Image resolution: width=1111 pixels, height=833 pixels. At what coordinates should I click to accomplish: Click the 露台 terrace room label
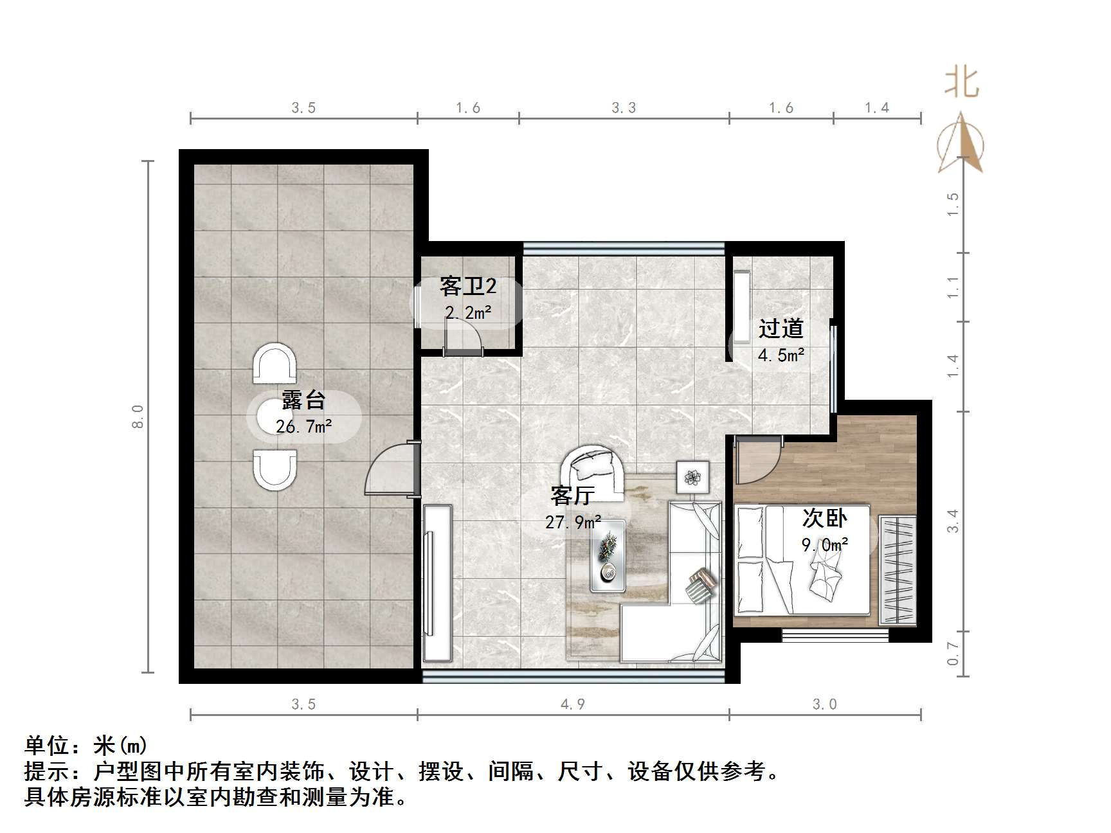[x=303, y=400]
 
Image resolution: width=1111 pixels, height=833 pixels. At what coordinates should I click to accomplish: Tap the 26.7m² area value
[x=303, y=426]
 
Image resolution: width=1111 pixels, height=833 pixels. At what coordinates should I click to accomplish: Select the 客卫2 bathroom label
[x=467, y=287]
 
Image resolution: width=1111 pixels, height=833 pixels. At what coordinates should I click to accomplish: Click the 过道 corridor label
[x=781, y=328]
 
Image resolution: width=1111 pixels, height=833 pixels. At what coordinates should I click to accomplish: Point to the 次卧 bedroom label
[x=825, y=518]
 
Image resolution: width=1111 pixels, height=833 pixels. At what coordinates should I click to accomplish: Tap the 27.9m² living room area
[x=573, y=522]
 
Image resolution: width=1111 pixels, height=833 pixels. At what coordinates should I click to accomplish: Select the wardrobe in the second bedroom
[x=898, y=569]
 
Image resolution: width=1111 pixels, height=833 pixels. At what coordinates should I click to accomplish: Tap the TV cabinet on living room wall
[x=437, y=582]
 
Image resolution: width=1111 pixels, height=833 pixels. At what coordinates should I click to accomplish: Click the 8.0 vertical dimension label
[x=137, y=416]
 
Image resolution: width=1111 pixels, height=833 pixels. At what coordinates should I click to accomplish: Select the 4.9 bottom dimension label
[x=572, y=704]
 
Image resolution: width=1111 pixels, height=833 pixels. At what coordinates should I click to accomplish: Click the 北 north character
[x=961, y=84]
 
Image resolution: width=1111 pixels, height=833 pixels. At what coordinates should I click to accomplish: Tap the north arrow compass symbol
[x=961, y=144]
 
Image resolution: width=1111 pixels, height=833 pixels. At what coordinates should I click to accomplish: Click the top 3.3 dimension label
[x=623, y=108]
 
